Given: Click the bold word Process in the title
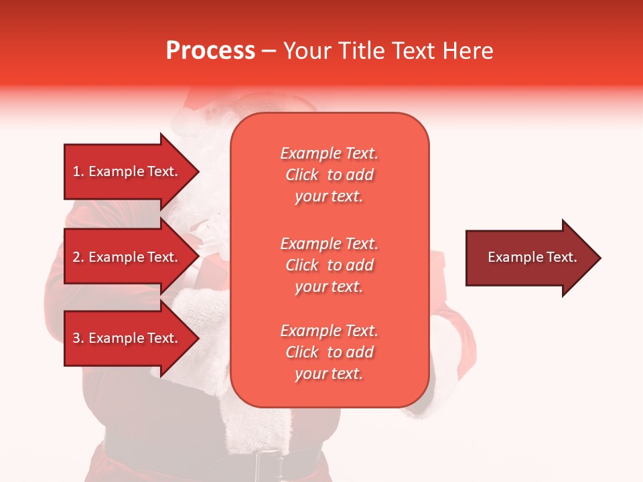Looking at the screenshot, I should [210, 51].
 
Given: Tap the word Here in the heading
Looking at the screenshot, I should [467, 51].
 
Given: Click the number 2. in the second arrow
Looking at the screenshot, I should [78, 257].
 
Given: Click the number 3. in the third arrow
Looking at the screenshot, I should [78, 338].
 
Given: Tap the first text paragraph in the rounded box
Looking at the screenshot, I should [329, 175].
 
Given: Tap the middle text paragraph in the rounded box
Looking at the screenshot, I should [329, 265].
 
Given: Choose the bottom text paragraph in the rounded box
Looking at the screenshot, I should [329, 352].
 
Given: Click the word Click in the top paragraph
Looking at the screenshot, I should [302, 175].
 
